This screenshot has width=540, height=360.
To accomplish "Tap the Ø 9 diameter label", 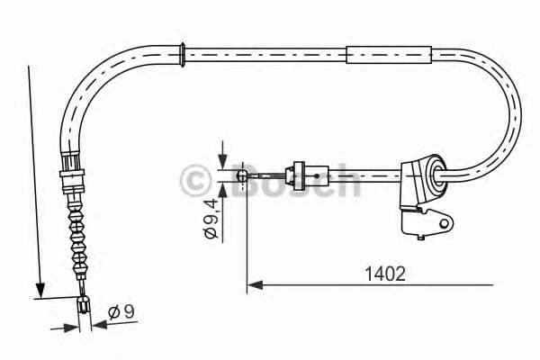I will click(x=121, y=311).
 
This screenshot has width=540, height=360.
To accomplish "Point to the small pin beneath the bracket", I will click(x=419, y=237).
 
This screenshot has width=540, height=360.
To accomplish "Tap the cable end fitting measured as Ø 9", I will click(x=85, y=305).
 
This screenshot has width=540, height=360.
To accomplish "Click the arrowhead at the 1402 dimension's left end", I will click(x=253, y=285).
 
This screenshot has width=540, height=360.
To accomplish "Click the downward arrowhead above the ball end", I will click(x=220, y=163).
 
